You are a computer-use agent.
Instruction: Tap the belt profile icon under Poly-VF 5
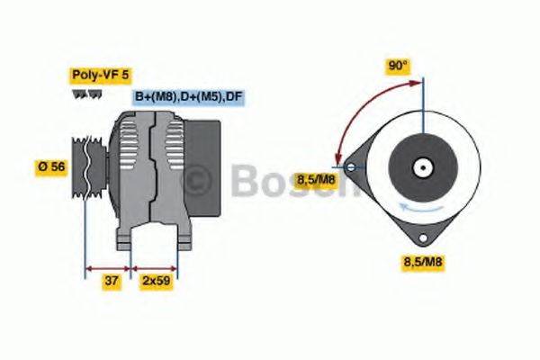click(x=82, y=94)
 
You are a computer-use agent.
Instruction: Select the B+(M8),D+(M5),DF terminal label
click(x=189, y=96)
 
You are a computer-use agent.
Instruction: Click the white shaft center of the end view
click(x=420, y=166)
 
